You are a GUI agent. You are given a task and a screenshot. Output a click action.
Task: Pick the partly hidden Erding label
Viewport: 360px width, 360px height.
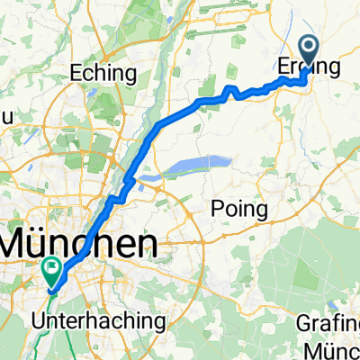(x=304, y=69)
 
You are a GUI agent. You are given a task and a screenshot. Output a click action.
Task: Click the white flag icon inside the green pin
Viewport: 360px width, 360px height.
(x=51, y=265)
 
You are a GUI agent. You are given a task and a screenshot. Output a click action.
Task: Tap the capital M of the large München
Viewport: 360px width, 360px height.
(x=20, y=243)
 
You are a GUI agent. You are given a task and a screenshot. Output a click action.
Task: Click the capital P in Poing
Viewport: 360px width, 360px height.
(x=216, y=209)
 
